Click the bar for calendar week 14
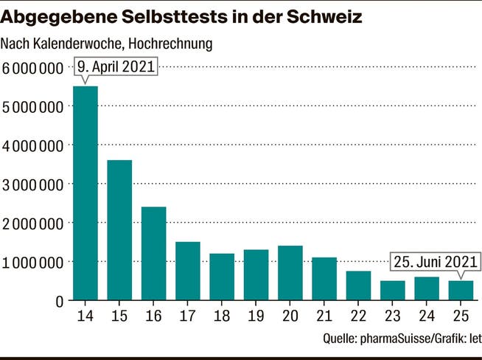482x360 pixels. [85, 193]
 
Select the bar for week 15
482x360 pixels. [119, 230]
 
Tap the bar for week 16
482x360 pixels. [154, 253]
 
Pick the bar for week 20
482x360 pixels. [290, 273]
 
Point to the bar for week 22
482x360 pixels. [358, 285]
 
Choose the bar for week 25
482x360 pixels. [461, 290]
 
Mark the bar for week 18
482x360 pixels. [222, 277]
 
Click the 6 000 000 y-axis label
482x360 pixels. [32, 68]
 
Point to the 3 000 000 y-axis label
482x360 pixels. [32, 185]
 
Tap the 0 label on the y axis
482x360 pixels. [60, 302]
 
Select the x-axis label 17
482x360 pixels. [187, 316]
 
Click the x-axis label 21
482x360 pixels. [324, 316]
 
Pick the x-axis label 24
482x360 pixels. [427, 316]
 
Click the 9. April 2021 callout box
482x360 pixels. [116, 66]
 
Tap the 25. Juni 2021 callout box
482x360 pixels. [436, 262]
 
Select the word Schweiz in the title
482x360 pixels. [324, 17]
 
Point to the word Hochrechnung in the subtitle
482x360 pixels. [170, 44]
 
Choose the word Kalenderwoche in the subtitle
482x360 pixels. [78, 44]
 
